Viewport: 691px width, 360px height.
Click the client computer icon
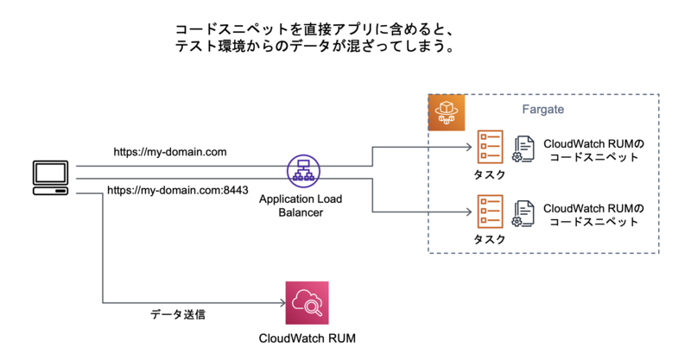50,176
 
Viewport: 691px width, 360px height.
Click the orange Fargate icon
447,112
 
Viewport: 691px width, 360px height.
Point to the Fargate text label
543,111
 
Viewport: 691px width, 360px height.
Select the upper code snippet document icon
523,148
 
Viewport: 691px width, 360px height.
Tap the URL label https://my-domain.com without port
170,152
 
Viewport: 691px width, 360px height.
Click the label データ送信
178,314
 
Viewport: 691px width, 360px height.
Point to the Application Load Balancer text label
301,205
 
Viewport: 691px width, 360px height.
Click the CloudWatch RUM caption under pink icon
307,338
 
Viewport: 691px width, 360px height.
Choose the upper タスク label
490,174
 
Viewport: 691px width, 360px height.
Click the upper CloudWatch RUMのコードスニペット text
592,149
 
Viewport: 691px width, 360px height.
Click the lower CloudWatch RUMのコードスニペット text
592,214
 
